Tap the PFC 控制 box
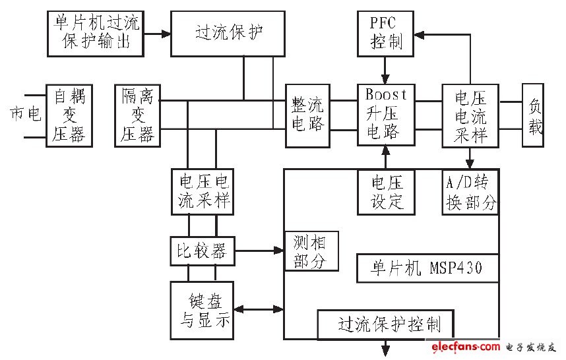386,33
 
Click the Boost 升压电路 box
387,113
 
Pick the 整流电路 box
307,115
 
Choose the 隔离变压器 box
137,115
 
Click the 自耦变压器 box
69,115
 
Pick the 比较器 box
201,251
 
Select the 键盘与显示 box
202,310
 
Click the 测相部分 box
311,251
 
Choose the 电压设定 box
387,191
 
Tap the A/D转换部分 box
470,191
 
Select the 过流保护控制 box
387,324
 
